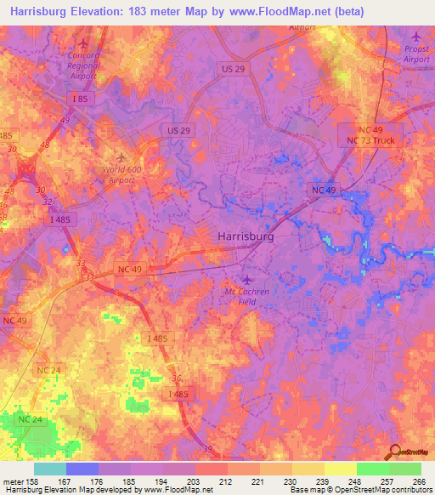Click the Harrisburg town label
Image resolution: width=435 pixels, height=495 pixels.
point(246,237)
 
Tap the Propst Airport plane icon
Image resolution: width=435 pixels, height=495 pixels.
point(415,37)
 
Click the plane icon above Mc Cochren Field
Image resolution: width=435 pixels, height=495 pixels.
point(247,281)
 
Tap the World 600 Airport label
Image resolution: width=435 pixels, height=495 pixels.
point(119,174)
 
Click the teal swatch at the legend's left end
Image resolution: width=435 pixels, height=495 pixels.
point(50,469)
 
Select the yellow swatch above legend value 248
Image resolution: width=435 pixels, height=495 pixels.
point(341,469)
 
